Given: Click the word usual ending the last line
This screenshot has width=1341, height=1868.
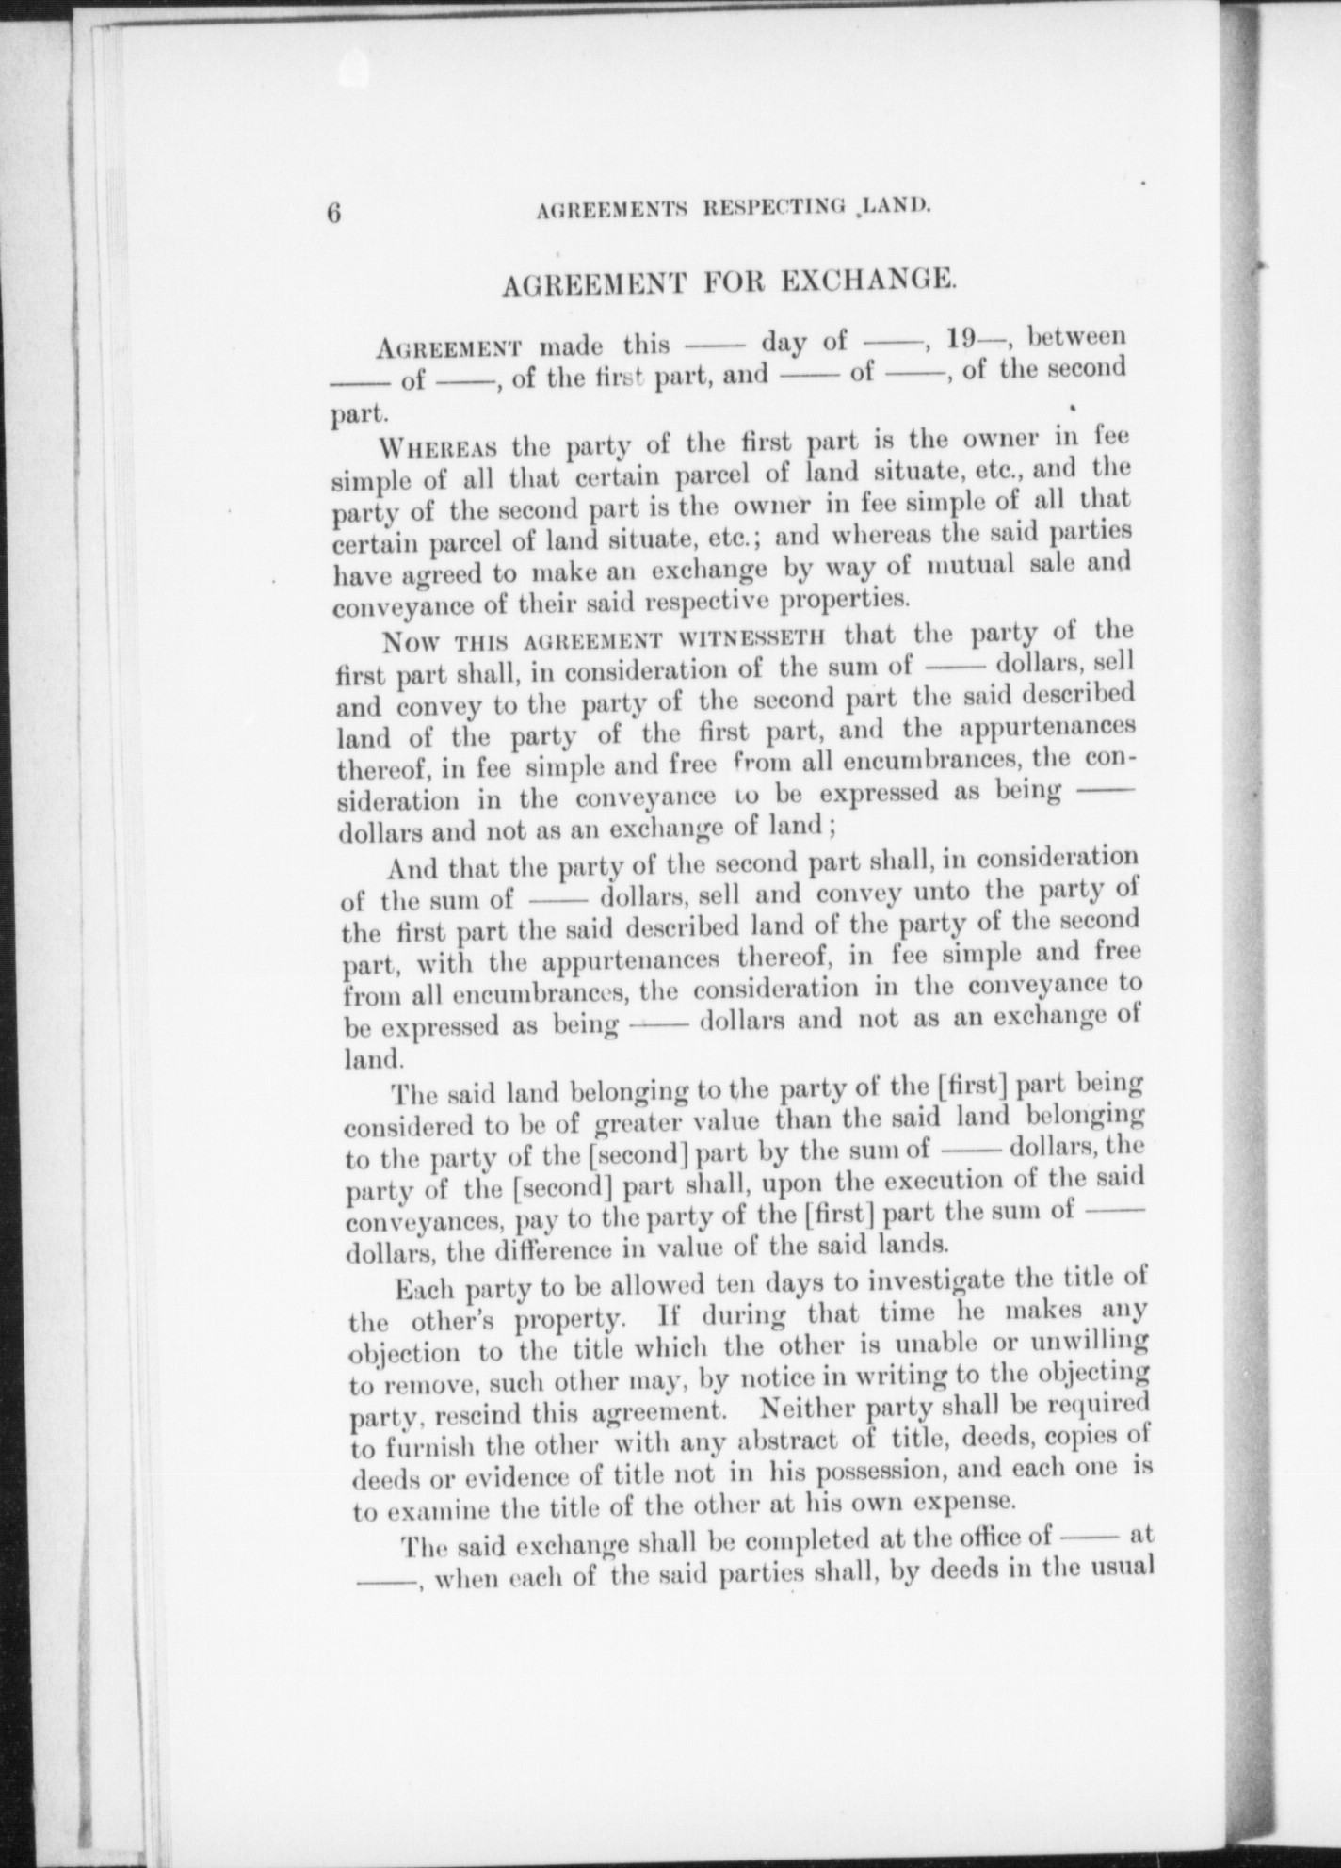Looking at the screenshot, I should [x=1118, y=1568].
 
